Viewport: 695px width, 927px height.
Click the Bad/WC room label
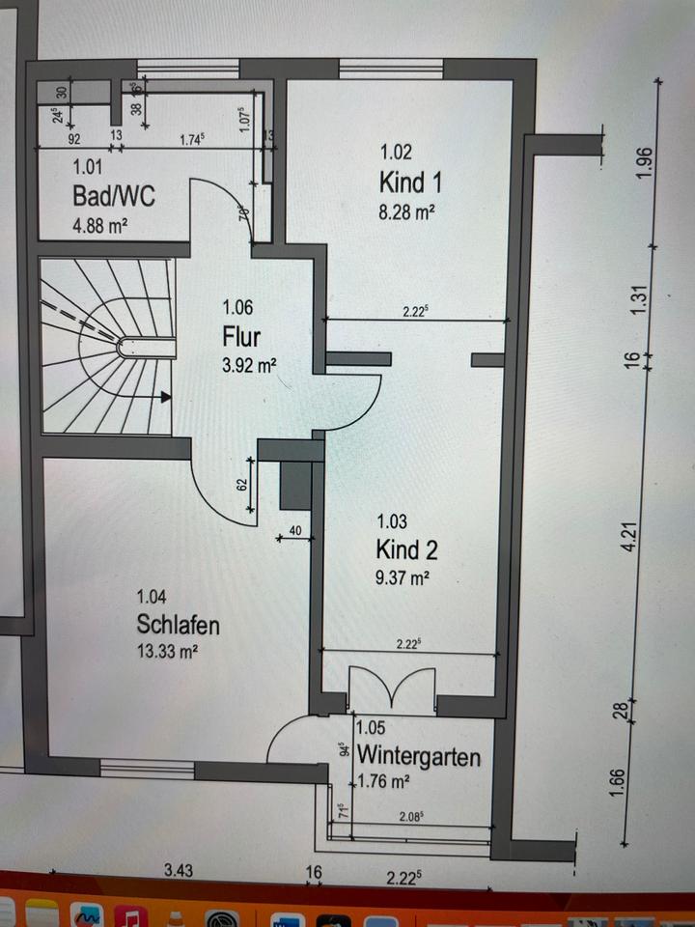pos(114,197)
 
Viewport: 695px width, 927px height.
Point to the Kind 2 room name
pos(406,550)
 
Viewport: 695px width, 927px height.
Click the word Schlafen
pos(178,625)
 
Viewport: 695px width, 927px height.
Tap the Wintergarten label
pos(419,756)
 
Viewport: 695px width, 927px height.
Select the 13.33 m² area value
pos(168,652)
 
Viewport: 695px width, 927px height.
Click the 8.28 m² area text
pos(406,211)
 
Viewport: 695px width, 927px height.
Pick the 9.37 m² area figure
pos(402,578)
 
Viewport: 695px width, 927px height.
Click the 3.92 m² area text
pos(239,367)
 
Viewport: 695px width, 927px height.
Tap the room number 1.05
pos(372,731)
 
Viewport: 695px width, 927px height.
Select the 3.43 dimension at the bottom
pos(178,870)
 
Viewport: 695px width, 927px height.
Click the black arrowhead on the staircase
pos(167,396)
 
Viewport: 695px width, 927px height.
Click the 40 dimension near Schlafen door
pos(293,529)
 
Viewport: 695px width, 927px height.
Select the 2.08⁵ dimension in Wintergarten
pos(409,816)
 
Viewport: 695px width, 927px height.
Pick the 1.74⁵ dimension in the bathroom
pos(191,139)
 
